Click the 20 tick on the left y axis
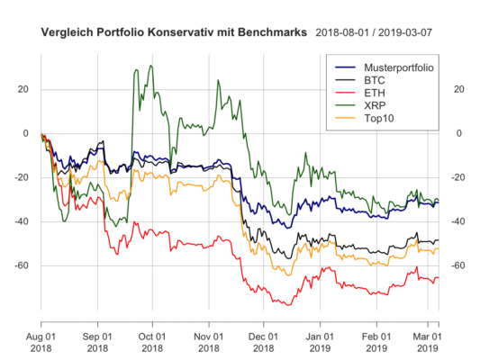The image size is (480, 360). click(23, 89)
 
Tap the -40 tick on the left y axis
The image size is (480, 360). click(22, 221)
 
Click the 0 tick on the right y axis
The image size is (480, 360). click(456, 133)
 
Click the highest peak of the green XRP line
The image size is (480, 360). click(150, 65)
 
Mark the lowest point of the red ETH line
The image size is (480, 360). click(288, 306)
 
